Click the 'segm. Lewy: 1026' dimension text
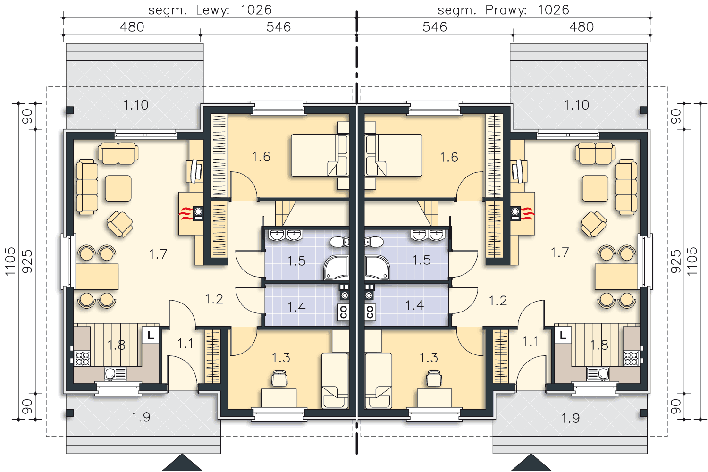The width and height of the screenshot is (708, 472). (x=210, y=10)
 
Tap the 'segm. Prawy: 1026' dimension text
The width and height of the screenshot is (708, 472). (x=503, y=10)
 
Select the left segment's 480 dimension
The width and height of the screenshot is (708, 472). (x=132, y=27)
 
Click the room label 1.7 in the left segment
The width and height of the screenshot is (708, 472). (x=158, y=254)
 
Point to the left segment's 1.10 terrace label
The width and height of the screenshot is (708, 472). (x=135, y=105)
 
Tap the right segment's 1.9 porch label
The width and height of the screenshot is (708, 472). (x=571, y=418)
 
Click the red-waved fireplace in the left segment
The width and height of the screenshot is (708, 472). (x=191, y=213)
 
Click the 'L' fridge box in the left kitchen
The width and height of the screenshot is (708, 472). (x=151, y=335)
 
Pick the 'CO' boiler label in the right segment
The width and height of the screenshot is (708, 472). (x=370, y=312)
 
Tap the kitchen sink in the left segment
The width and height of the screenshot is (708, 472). (x=115, y=374)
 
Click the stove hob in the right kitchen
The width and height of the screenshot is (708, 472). (x=632, y=359)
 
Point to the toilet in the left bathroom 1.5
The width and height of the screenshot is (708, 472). (x=339, y=242)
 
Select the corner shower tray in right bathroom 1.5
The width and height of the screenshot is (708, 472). (x=377, y=268)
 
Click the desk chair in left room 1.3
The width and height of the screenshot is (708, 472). (x=279, y=378)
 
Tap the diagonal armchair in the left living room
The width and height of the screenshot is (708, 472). (x=120, y=224)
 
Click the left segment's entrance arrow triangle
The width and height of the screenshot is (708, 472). (x=182, y=463)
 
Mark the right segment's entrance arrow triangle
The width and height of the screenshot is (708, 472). (x=531, y=463)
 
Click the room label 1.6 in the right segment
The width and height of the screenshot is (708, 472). (x=449, y=157)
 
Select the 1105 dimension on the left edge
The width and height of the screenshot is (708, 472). (x=10, y=261)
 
